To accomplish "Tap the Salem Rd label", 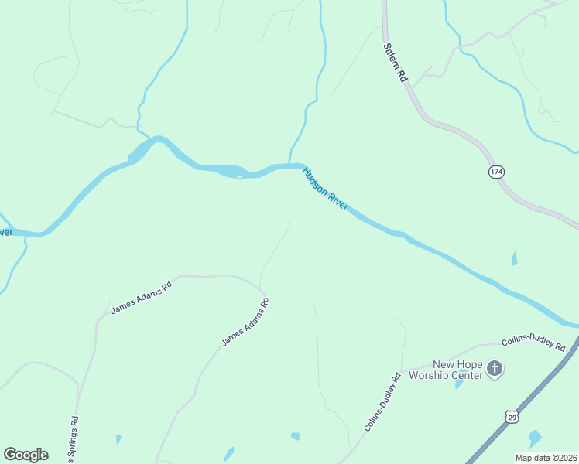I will [x=395, y=63].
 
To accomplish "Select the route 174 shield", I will [x=496, y=172].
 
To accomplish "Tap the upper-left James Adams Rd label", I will [x=141, y=298].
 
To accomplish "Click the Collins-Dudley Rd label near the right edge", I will [x=534, y=343].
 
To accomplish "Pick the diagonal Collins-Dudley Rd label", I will [x=382, y=402].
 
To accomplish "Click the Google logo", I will [x=26, y=455].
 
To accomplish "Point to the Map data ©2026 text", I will [x=546, y=458].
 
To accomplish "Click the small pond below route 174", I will [x=514, y=258].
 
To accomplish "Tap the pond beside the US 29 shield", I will [x=535, y=438].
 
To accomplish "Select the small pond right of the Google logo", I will [x=118, y=439].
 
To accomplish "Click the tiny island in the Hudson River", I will [x=239, y=176].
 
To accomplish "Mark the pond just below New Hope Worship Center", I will [x=459, y=383].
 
